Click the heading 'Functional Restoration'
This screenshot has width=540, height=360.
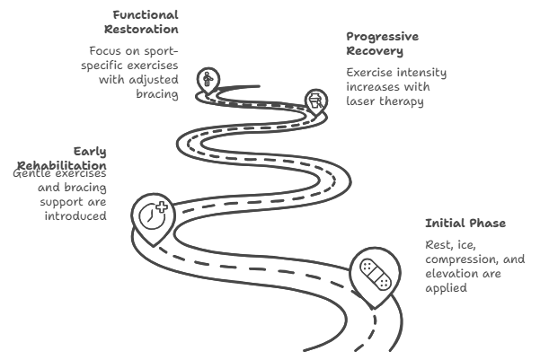point(146,22)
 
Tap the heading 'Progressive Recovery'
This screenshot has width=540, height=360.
point(382,43)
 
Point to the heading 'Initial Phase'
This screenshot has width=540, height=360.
point(465,223)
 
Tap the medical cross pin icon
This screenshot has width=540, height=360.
point(152,216)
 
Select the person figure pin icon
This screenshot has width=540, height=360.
point(209,81)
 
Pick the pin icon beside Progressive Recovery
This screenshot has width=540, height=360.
point(314,101)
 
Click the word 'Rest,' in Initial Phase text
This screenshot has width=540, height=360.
point(439,245)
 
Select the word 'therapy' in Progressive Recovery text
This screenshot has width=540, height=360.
point(404,101)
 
